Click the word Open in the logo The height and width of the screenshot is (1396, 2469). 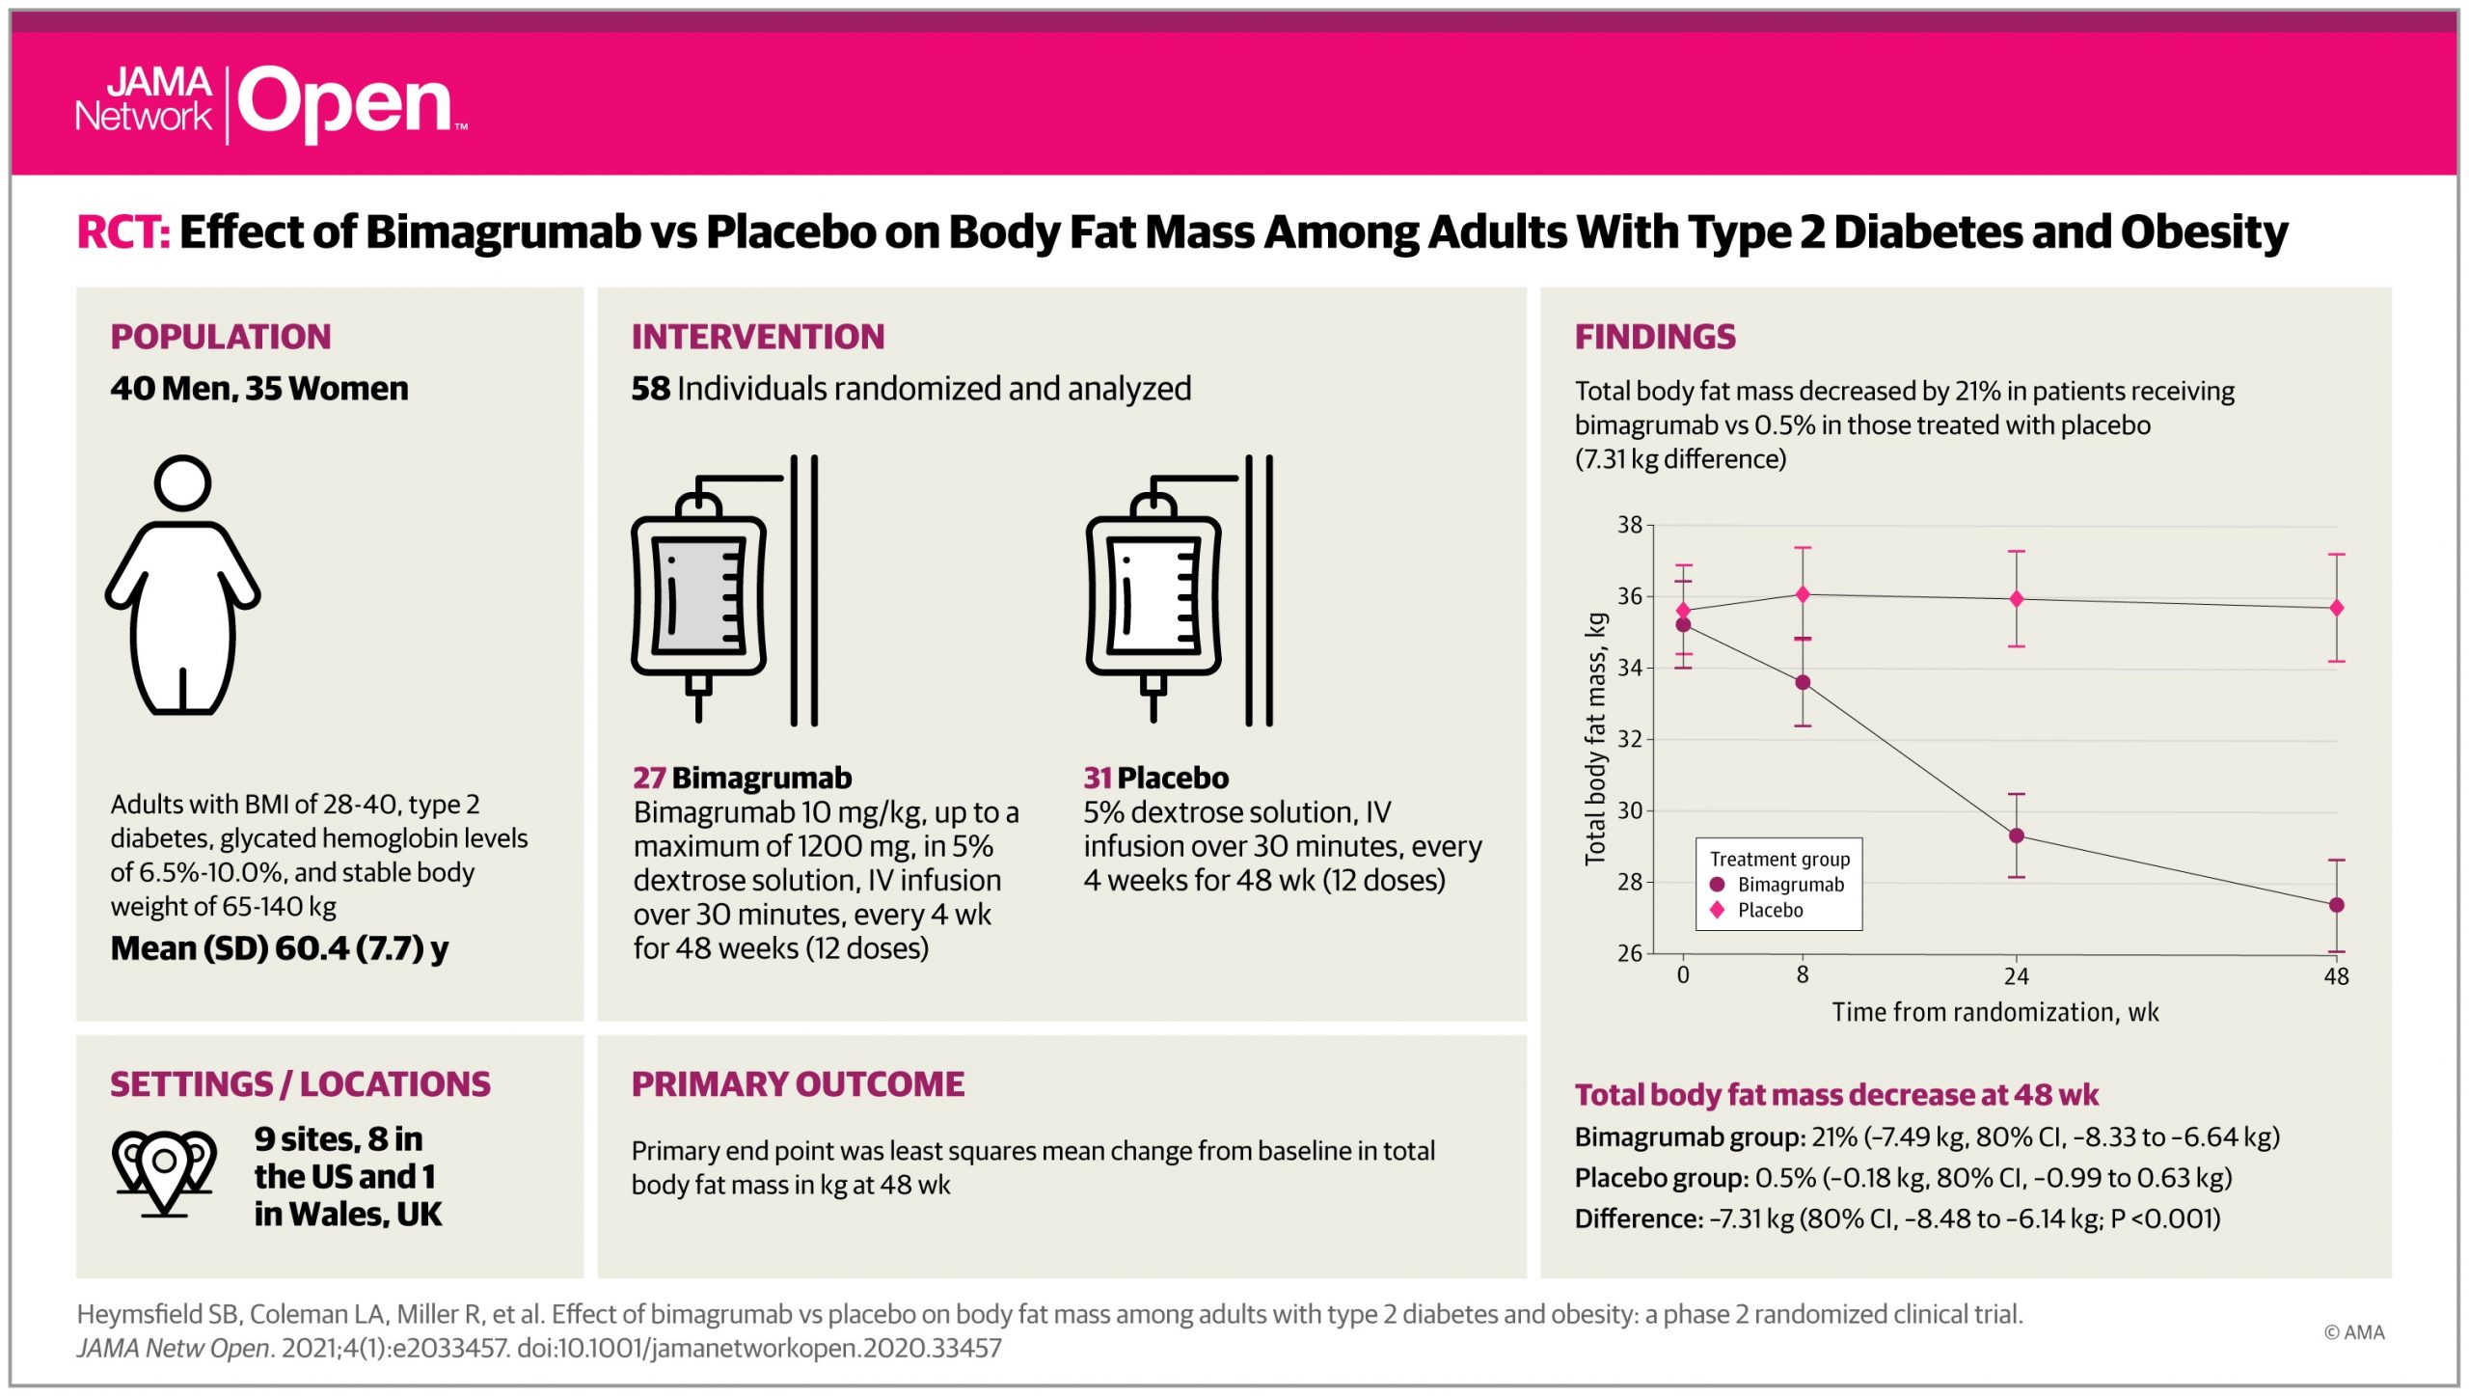tap(345, 104)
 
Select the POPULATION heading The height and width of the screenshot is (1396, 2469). tap(220, 337)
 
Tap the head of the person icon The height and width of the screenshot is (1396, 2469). tap(182, 482)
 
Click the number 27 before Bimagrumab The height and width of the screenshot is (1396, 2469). tap(649, 778)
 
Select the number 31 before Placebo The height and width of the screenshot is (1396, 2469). tap(1098, 778)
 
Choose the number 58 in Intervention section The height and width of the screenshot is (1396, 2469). tap(650, 389)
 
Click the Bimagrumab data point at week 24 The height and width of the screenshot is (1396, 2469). tap(2016, 835)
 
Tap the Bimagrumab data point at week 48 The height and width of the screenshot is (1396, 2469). tap(2336, 905)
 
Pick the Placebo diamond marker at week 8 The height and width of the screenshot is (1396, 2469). tap(1802, 594)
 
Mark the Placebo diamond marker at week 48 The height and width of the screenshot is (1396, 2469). tap(2336, 608)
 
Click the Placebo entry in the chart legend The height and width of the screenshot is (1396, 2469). tap(1769, 910)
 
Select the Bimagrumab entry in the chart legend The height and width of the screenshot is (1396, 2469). tap(1789, 885)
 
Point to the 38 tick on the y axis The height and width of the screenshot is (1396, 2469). tap(1629, 525)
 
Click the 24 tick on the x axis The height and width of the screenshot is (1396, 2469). tap(2016, 976)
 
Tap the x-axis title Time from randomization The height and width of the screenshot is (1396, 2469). tap(1994, 1012)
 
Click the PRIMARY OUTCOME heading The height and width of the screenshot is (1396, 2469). tap(798, 1084)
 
